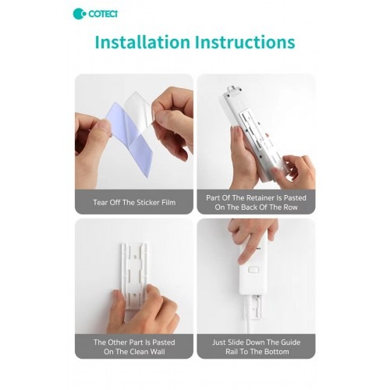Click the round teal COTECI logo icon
point(80,14)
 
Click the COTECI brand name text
point(103,14)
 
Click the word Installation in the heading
point(143,42)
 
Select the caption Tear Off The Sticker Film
point(134,202)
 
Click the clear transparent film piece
point(139,111)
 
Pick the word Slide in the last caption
point(236,342)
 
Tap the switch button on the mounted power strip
point(253,269)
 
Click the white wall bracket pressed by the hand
point(134,275)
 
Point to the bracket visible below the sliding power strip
point(254,307)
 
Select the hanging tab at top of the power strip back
point(234,90)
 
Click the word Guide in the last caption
point(291,342)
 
